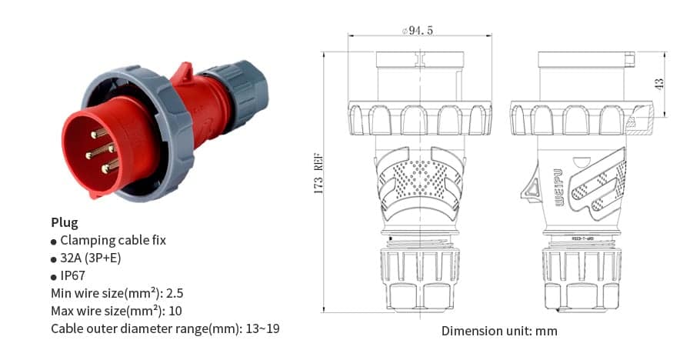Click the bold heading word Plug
tap(65, 222)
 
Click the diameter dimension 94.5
tap(418, 31)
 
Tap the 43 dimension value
tap(658, 84)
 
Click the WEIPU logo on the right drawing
tap(559, 184)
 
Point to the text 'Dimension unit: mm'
tap(499, 331)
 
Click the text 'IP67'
tap(73, 275)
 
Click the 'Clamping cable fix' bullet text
tap(112, 240)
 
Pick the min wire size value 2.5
tap(176, 293)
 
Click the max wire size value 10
tap(176, 311)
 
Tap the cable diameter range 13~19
tap(262, 328)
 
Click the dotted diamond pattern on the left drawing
tap(418, 177)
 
